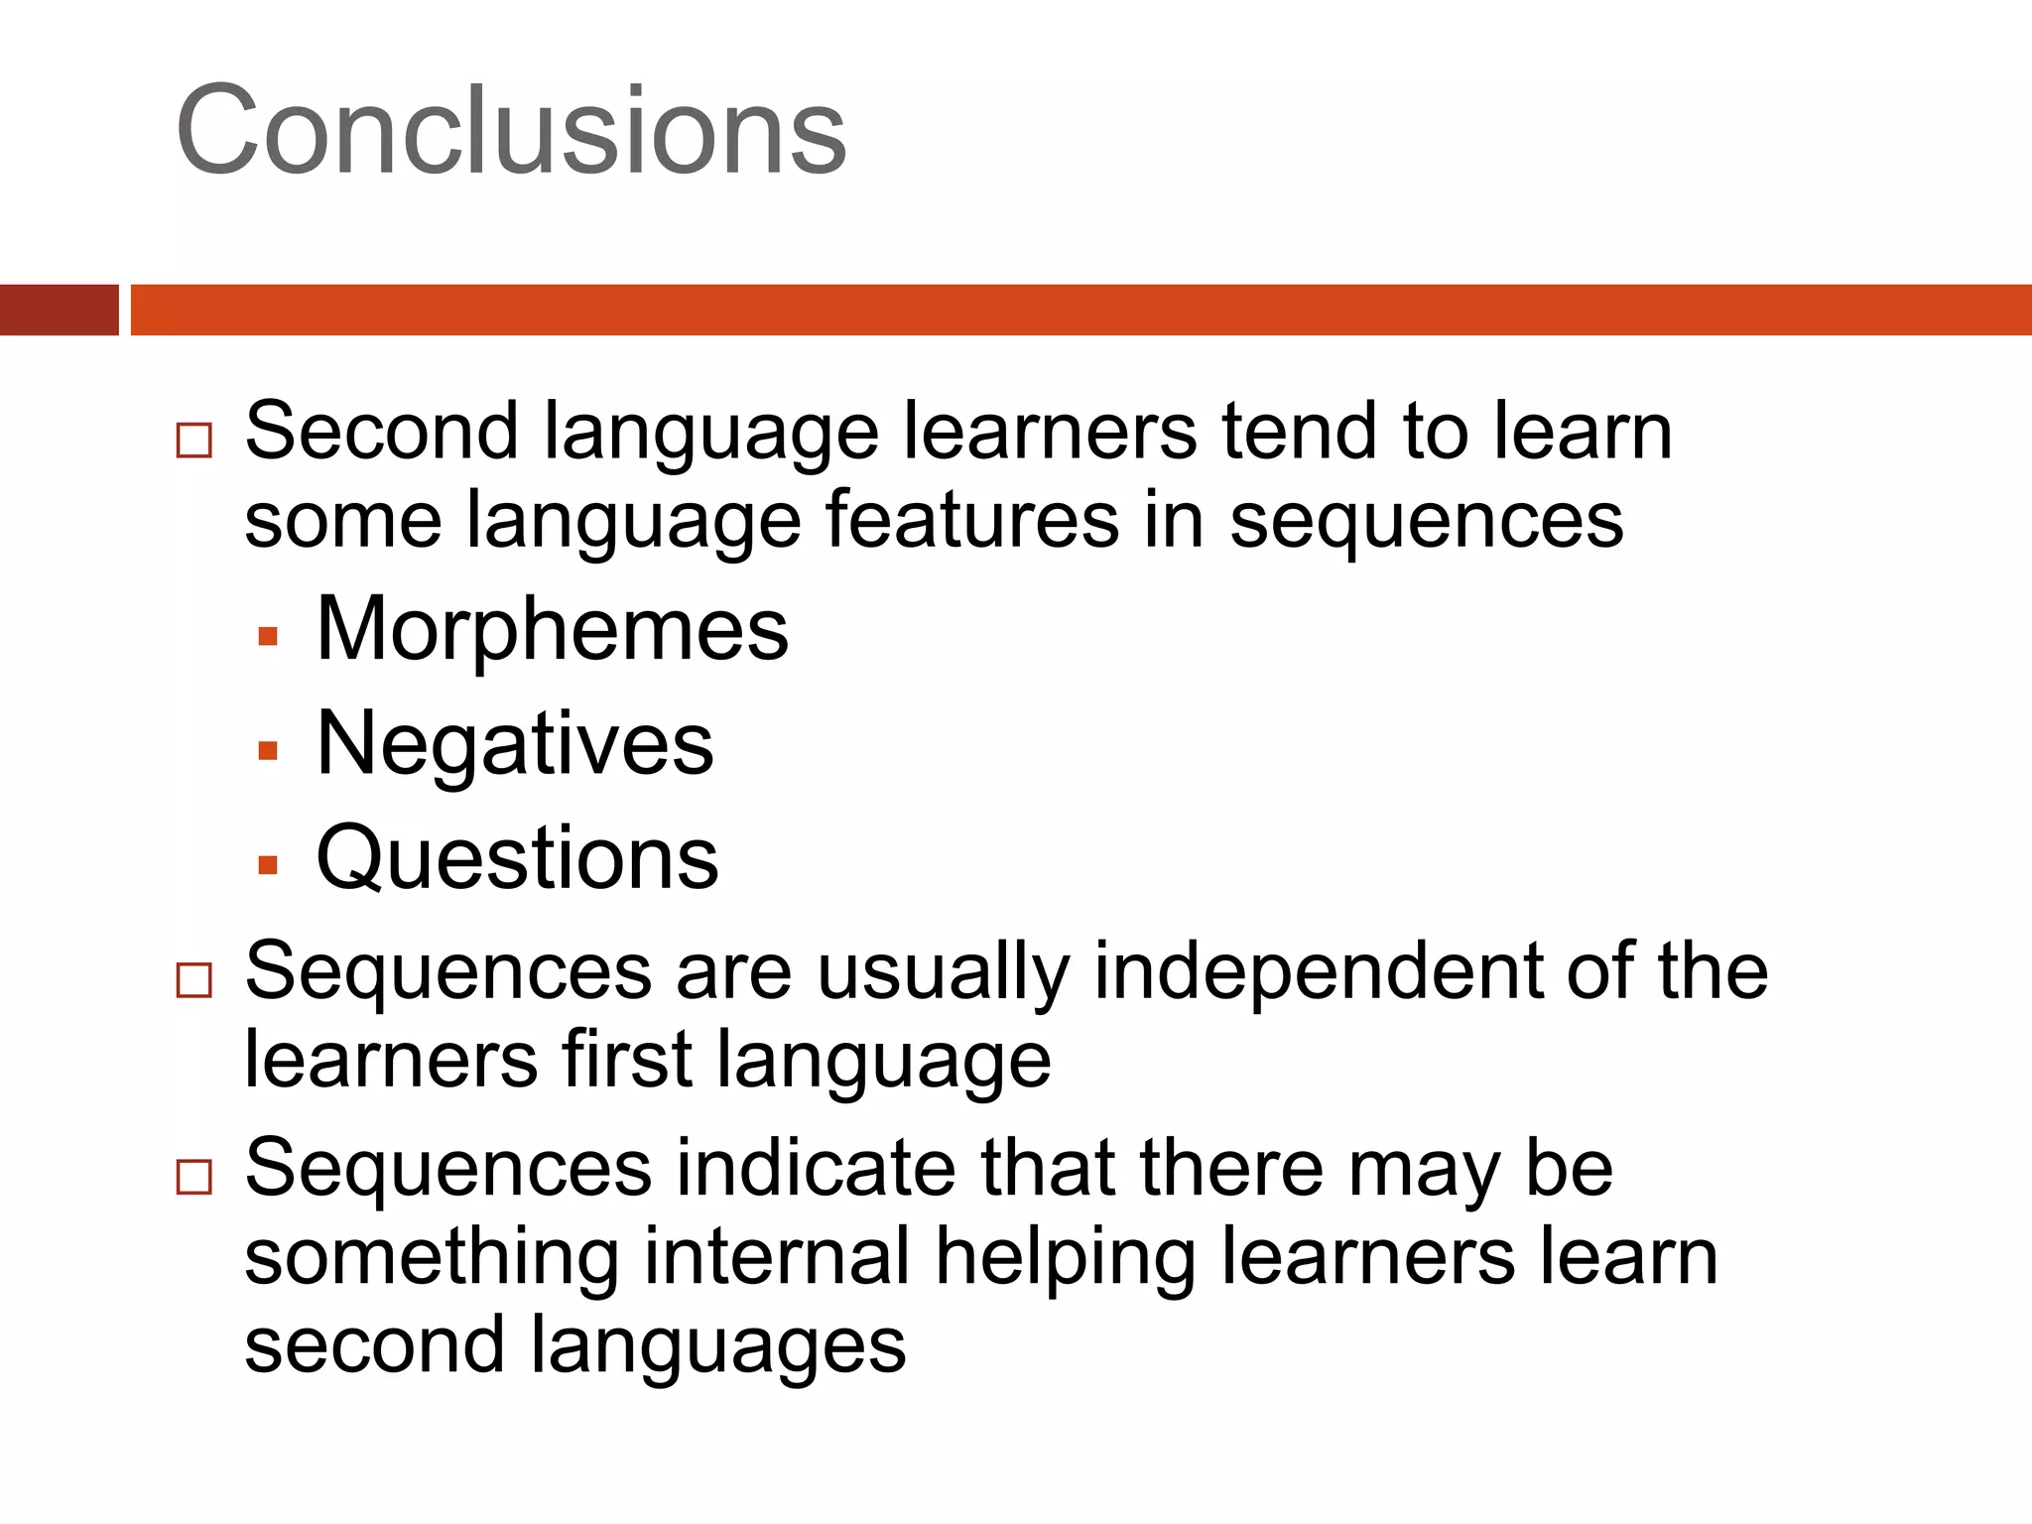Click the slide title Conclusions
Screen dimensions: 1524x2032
tap(511, 131)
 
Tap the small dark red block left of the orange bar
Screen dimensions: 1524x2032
tap(59, 310)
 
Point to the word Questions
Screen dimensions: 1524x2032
tap(517, 858)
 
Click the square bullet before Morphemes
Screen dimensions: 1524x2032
tap(267, 636)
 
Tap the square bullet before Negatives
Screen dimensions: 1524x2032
tap(267, 750)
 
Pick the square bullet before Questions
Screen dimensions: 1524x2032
tap(267, 865)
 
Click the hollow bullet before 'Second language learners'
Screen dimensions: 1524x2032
tap(193, 440)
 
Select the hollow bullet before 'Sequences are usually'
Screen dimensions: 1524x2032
tap(193, 979)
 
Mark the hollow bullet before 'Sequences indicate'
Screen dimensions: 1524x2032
tap(193, 1177)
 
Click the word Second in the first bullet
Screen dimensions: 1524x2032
tap(382, 432)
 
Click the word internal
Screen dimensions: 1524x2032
tap(777, 1256)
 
